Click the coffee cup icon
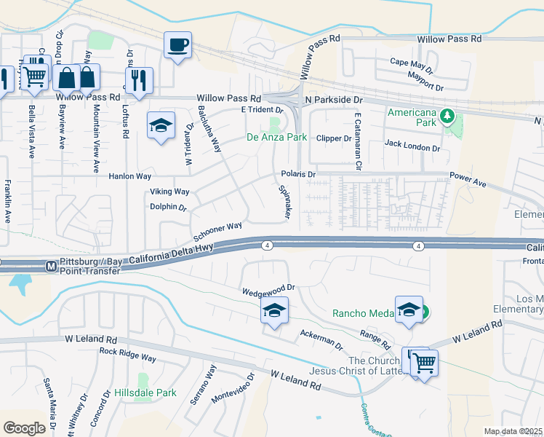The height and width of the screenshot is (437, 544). (177, 46)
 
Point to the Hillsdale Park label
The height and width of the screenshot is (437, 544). (145, 393)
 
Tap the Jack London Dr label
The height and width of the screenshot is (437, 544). (412, 148)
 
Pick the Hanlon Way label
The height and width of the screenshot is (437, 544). (129, 176)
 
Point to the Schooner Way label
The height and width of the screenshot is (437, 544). (217, 232)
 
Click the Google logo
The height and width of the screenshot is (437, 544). (24, 428)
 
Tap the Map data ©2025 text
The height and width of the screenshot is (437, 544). (513, 431)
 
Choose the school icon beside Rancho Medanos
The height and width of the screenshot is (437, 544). (409, 309)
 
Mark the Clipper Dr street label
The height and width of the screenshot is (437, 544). (334, 138)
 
